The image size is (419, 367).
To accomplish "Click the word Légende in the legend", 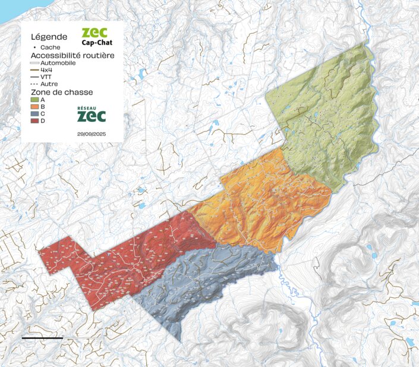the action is (x=45, y=36).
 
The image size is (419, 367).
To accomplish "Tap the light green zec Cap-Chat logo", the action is (x=96, y=36).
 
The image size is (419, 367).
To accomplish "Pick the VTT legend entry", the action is (x=45, y=77).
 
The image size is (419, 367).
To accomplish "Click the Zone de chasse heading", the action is (x=55, y=92).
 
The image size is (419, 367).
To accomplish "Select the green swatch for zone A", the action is (x=34, y=100).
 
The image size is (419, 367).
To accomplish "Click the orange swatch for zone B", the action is (x=34, y=107).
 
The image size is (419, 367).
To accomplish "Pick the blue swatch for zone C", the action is (x=34, y=114).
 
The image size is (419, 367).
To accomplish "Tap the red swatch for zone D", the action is (x=34, y=121).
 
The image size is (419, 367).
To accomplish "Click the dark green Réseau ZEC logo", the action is (x=92, y=114).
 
